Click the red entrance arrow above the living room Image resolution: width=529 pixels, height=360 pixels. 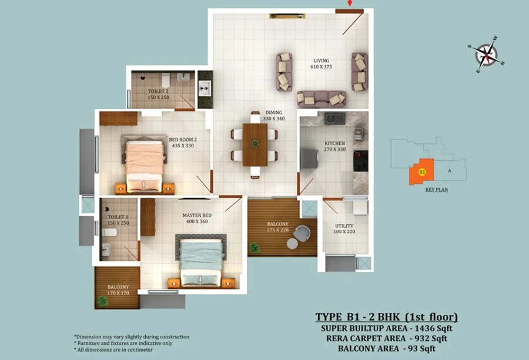coord(350,3)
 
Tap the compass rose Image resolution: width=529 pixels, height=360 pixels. coord(486,55)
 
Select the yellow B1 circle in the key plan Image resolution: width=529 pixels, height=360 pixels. coord(422,172)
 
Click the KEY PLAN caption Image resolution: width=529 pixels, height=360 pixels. coord(437,190)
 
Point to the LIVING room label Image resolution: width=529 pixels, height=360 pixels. coord(321,60)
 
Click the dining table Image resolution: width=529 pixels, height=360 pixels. coord(255,144)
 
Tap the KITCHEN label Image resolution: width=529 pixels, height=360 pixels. coord(334,143)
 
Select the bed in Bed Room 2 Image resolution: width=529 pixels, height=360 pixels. coord(145,165)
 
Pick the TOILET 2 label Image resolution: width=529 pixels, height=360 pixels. coord(158,92)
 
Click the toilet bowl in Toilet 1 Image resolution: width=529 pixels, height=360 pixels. coord(109,232)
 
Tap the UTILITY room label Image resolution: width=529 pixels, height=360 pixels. coord(344,226)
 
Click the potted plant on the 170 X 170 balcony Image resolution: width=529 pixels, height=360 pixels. coord(102,301)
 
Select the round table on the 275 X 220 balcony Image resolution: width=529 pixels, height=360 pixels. coord(292,243)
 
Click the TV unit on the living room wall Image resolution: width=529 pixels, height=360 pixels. coord(287,16)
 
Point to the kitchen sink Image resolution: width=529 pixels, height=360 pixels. coord(334,119)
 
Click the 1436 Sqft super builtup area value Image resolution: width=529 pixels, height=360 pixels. coord(434,328)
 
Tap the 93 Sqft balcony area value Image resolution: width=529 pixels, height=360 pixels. coord(421,348)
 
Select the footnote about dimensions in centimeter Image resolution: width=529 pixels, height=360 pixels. coord(113,350)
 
